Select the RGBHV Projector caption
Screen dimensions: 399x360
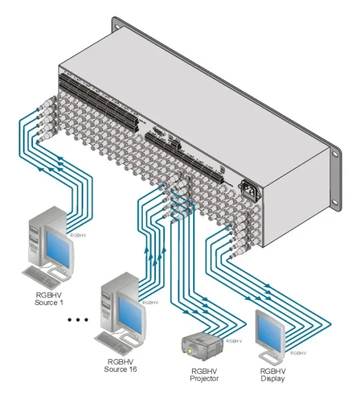pyautogui.click(x=202, y=374)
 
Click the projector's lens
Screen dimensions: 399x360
pyautogui.click(x=190, y=349)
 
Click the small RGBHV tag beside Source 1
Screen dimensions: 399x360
pyautogui.click(x=79, y=236)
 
